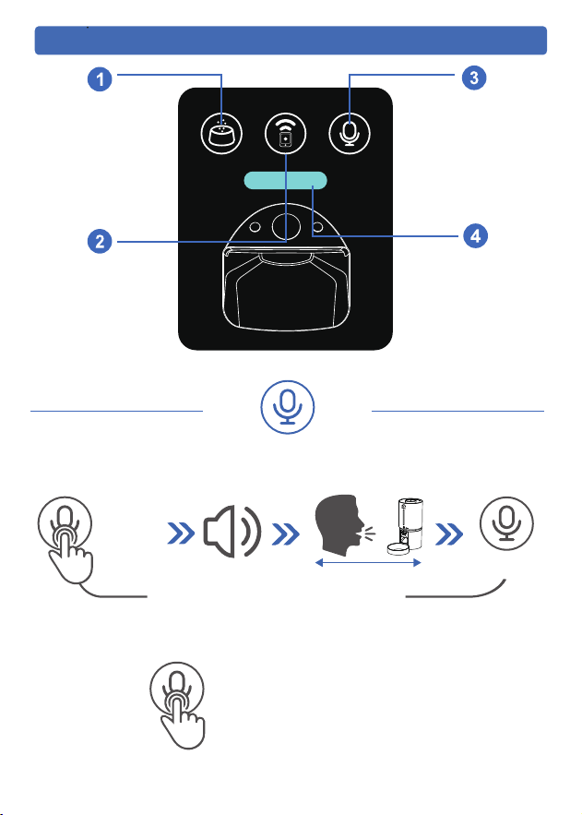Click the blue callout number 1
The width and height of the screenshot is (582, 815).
pos(100,79)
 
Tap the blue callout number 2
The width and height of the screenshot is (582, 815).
pos(100,241)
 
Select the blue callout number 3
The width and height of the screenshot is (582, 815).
pos(474,78)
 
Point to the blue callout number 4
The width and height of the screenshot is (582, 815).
pos(476,236)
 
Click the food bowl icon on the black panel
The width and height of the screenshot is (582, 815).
pos(221,134)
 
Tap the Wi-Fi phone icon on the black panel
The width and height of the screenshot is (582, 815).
pos(286,134)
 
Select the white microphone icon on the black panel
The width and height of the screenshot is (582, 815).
pos(350,134)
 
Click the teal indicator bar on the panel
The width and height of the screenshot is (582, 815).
pos(285,180)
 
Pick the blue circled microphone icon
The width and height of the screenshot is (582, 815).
pos(287,407)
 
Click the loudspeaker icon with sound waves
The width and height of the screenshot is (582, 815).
pos(232,532)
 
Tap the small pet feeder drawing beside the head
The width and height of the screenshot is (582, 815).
pos(406,526)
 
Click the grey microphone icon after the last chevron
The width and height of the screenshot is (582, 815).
pos(506,523)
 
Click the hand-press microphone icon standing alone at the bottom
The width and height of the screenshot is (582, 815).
pos(178,705)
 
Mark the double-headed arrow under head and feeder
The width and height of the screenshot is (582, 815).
pos(368,563)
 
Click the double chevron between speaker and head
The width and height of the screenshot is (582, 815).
pos(286,533)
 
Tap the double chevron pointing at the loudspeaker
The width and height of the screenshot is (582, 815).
pos(181,533)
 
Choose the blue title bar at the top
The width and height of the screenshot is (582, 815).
pos(291,41)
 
